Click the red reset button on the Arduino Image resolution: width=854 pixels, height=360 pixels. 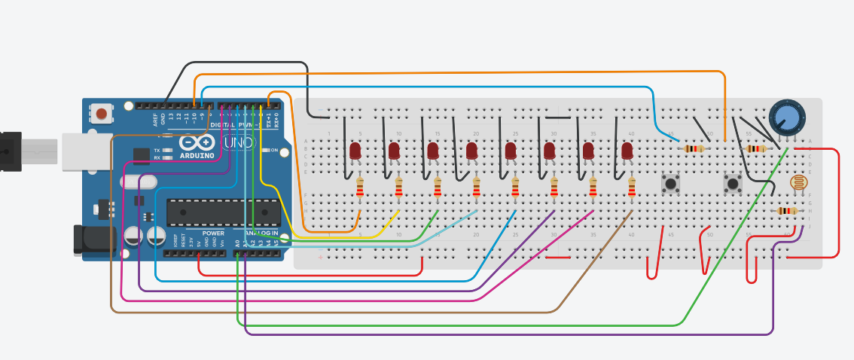pyautogui.click(x=101, y=114)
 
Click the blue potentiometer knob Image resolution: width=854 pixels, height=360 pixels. pyautogui.click(x=786, y=117)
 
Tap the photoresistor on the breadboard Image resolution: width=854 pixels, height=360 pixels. pyautogui.click(x=798, y=182)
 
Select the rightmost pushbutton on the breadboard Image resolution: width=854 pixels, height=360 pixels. pyautogui.click(x=731, y=182)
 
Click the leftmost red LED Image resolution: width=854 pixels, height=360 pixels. pyautogui.click(x=355, y=151)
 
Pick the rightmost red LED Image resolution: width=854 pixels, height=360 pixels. pyautogui.click(x=627, y=151)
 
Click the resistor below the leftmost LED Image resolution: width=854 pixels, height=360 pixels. pyautogui.click(x=359, y=188)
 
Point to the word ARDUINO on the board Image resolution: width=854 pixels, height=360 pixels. pyautogui.click(x=197, y=155)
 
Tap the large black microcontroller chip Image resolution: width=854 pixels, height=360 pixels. pyautogui.click(x=223, y=212)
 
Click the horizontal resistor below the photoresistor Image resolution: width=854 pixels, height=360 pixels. pyautogui.click(x=787, y=211)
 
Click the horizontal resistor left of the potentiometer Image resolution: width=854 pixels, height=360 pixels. pyautogui.click(x=755, y=148)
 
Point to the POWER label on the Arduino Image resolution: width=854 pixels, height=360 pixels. pyautogui.click(x=213, y=233)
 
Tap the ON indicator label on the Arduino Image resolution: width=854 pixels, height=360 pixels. pyautogui.click(x=274, y=151)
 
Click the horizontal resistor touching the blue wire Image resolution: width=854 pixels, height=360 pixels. pyautogui.click(x=694, y=148)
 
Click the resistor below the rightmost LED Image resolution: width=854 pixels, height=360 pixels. pyautogui.click(x=632, y=188)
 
